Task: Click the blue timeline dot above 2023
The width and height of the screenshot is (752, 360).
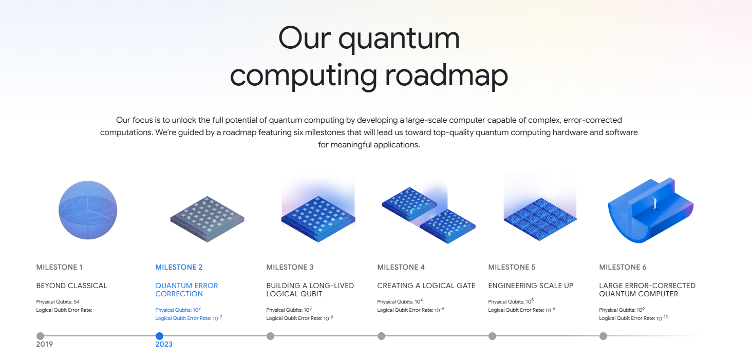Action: [159, 336]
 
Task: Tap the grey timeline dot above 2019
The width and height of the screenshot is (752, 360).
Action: [40, 336]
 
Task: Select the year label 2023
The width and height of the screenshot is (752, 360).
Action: [164, 345]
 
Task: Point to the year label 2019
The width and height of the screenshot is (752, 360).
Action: [44, 345]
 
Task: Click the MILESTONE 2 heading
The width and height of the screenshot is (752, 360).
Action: [179, 267]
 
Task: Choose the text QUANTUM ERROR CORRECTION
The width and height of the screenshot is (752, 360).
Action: [186, 290]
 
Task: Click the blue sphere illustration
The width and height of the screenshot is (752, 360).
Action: [88, 210]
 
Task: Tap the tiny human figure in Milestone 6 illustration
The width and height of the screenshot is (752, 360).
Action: [655, 202]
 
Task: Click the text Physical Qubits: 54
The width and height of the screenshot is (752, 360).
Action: [58, 302]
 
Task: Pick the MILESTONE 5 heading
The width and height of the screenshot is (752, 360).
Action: [512, 267]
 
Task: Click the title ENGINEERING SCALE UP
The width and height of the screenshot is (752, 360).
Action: [531, 286]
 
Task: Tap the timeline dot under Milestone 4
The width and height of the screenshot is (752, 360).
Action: [381, 336]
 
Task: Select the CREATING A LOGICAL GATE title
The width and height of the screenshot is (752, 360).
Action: [426, 286]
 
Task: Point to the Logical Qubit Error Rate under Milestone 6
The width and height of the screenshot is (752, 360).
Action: [633, 318]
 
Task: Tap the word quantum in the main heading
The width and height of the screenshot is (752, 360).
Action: [399, 39]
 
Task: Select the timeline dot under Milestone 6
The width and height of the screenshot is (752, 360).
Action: [603, 336]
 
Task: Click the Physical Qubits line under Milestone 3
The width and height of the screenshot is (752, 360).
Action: [289, 310]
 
